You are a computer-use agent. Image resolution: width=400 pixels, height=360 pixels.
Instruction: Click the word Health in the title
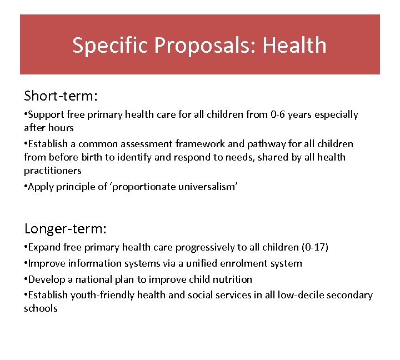pyautogui.click(x=294, y=45)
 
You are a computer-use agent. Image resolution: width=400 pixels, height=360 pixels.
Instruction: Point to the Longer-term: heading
pyautogui.click(x=66, y=228)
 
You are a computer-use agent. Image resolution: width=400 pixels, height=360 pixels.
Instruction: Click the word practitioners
pyautogui.click(x=53, y=171)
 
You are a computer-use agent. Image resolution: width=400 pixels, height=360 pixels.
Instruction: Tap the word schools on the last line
pyautogui.click(x=41, y=308)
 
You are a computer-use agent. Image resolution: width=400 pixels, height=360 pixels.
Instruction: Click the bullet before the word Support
pyautogui.click(x=26, y=115)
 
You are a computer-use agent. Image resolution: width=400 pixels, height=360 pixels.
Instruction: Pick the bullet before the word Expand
pyautogui.click(x=26, y=247)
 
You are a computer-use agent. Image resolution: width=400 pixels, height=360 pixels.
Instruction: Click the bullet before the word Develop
pyautogui.click(x=26, y=279)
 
